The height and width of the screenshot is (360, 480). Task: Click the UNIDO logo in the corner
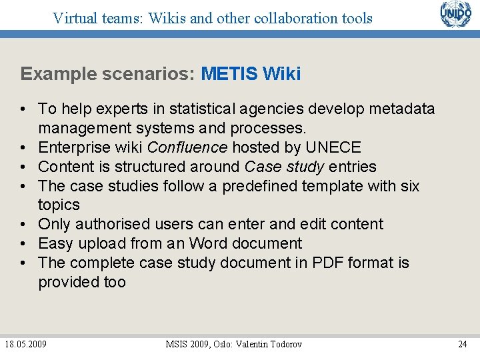455,15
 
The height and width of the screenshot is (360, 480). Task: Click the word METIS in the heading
229,73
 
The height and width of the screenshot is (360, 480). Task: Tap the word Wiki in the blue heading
282,73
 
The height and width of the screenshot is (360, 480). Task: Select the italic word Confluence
187,147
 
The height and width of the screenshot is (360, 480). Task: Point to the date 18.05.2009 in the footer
25,344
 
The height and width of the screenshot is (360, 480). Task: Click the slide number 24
462,344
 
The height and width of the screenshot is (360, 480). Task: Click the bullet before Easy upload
23,243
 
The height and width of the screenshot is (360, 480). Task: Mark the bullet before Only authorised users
23,224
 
